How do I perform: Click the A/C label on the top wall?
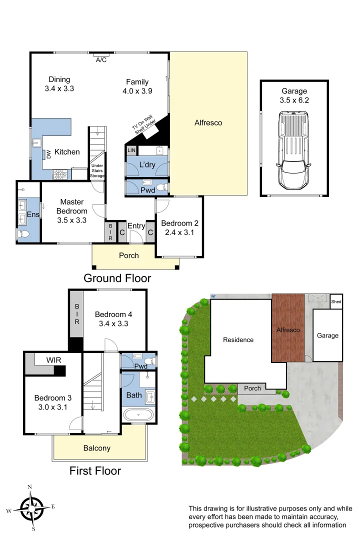(101, 60)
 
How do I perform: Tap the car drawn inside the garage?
(294, 149)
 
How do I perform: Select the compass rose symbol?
(31, 507)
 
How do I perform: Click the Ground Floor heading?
(117, 278)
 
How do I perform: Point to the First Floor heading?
(95, 470)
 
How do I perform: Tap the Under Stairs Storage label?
(97, 170)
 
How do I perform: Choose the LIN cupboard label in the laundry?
(131, 150)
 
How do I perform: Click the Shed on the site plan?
(336, 301)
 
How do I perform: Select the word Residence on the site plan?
(238, 340)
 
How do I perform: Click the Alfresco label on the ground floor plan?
(208, 122)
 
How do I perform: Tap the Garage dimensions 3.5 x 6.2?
(294, 100)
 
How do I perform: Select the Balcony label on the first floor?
(96, 448)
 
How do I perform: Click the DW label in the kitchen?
(49, 154)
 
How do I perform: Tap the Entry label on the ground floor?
(136, 226)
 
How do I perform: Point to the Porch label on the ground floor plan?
(129, 255)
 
